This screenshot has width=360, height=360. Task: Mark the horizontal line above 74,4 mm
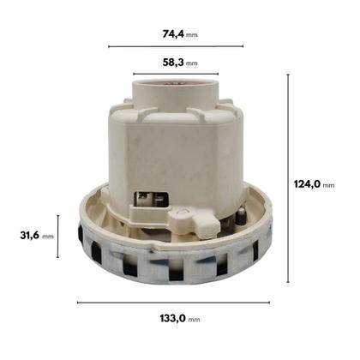pos(176,46)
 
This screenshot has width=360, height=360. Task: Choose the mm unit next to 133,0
pos(195,319)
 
